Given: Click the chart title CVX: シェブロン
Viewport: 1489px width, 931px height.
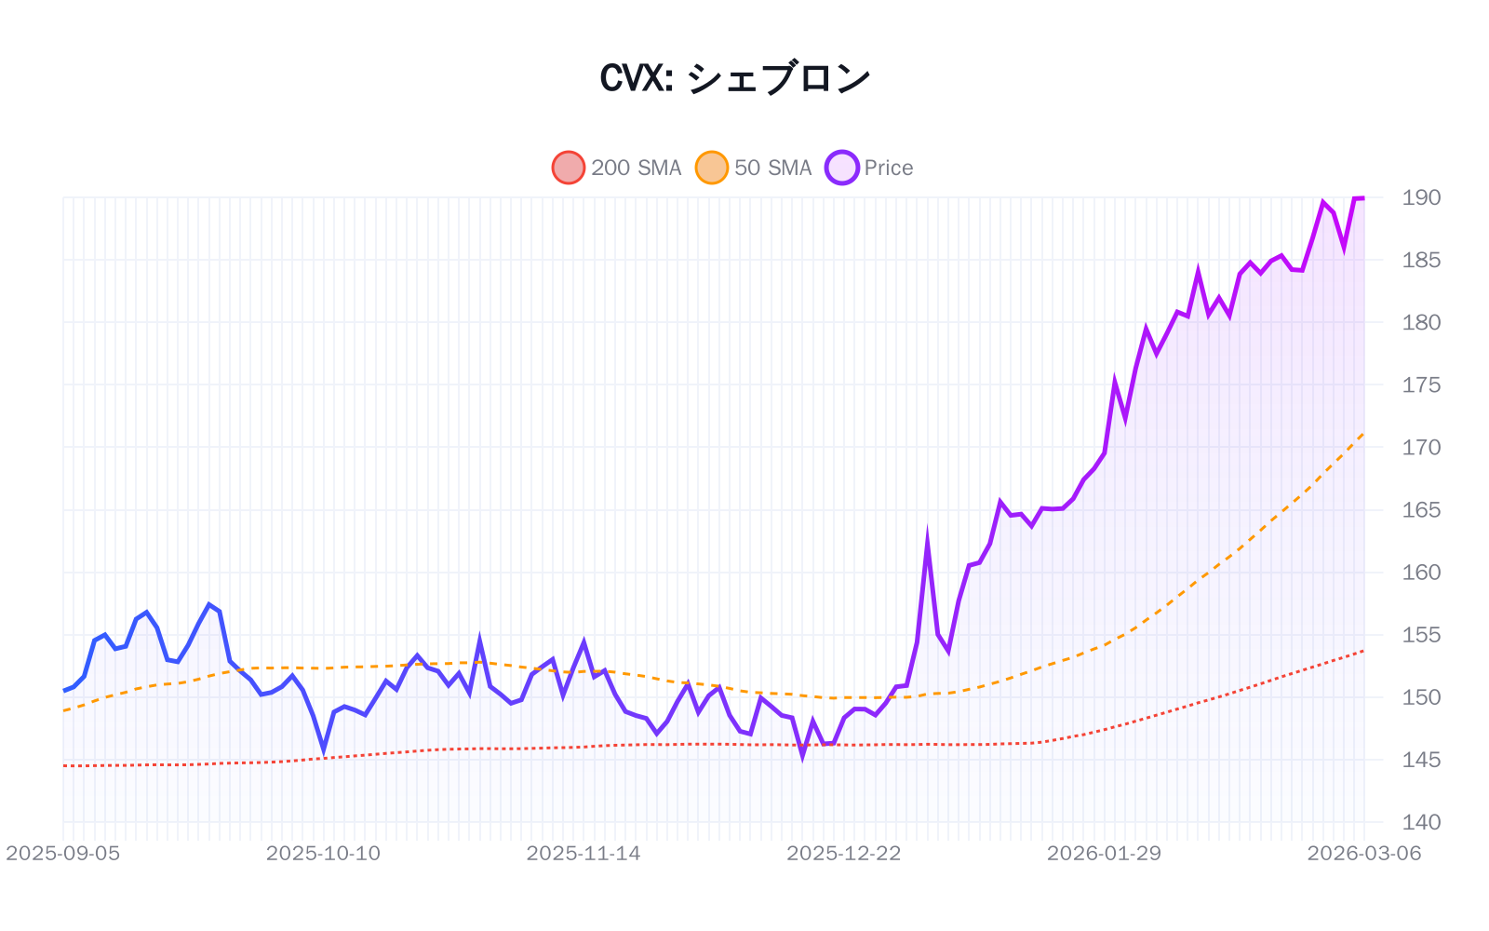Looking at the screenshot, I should click(735, 78).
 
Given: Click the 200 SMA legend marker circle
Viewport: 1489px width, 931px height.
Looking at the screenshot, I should click(569, 168).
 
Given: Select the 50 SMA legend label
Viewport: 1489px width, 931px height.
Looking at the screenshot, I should click(772, 168).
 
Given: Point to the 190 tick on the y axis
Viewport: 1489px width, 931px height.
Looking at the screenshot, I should click(1421, 197).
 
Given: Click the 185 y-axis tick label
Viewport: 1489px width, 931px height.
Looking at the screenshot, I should click(1421, 260).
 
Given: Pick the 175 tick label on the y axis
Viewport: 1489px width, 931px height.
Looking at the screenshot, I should click(1421, 385).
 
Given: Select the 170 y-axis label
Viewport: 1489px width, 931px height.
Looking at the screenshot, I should click(1421, 447).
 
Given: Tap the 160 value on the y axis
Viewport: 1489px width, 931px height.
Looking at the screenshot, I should click(1421, 573).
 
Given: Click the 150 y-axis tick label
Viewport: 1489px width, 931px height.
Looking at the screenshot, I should click(1421, 697).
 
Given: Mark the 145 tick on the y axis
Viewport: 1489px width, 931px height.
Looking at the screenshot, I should click(1421, 760).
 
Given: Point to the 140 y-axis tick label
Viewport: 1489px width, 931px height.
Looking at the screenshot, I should click(1421, 822).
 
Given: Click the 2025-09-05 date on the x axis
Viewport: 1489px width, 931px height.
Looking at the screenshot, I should click(63, 854).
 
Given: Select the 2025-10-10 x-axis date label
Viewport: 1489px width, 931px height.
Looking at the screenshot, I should click(323, 854).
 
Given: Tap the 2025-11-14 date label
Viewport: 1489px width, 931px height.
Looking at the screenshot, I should click(584, 854).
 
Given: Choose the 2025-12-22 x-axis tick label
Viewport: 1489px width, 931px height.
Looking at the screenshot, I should click(844, 854).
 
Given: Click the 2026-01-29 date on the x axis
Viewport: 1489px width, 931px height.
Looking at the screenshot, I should click(1104, 854).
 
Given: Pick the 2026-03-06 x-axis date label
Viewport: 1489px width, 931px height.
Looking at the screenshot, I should click(1364, 854).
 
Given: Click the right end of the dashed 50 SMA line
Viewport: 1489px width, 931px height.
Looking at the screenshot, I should click(1363, 433).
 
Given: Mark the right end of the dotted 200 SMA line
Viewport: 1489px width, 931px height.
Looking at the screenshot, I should click(1363, 651).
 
